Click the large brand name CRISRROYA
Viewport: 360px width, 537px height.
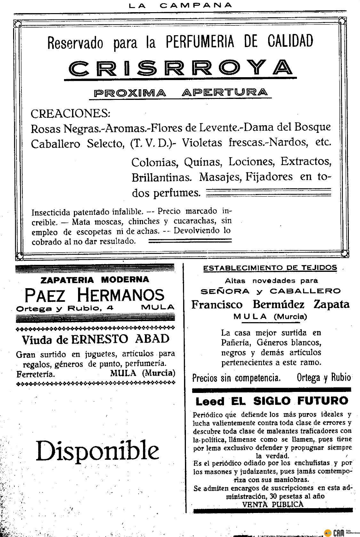point(181,67)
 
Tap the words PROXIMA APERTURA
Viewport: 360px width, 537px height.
point(180,93)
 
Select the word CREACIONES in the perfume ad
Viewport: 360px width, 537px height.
point(70,113)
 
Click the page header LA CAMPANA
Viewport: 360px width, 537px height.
point(180,5)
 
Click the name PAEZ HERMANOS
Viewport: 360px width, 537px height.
point(95,295)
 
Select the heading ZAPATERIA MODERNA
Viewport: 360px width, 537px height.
point(95,280)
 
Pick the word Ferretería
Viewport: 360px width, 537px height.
point(35,374)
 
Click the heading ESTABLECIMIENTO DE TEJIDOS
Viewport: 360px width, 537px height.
point(270,268)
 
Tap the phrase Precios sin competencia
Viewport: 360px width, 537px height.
point(237,378)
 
